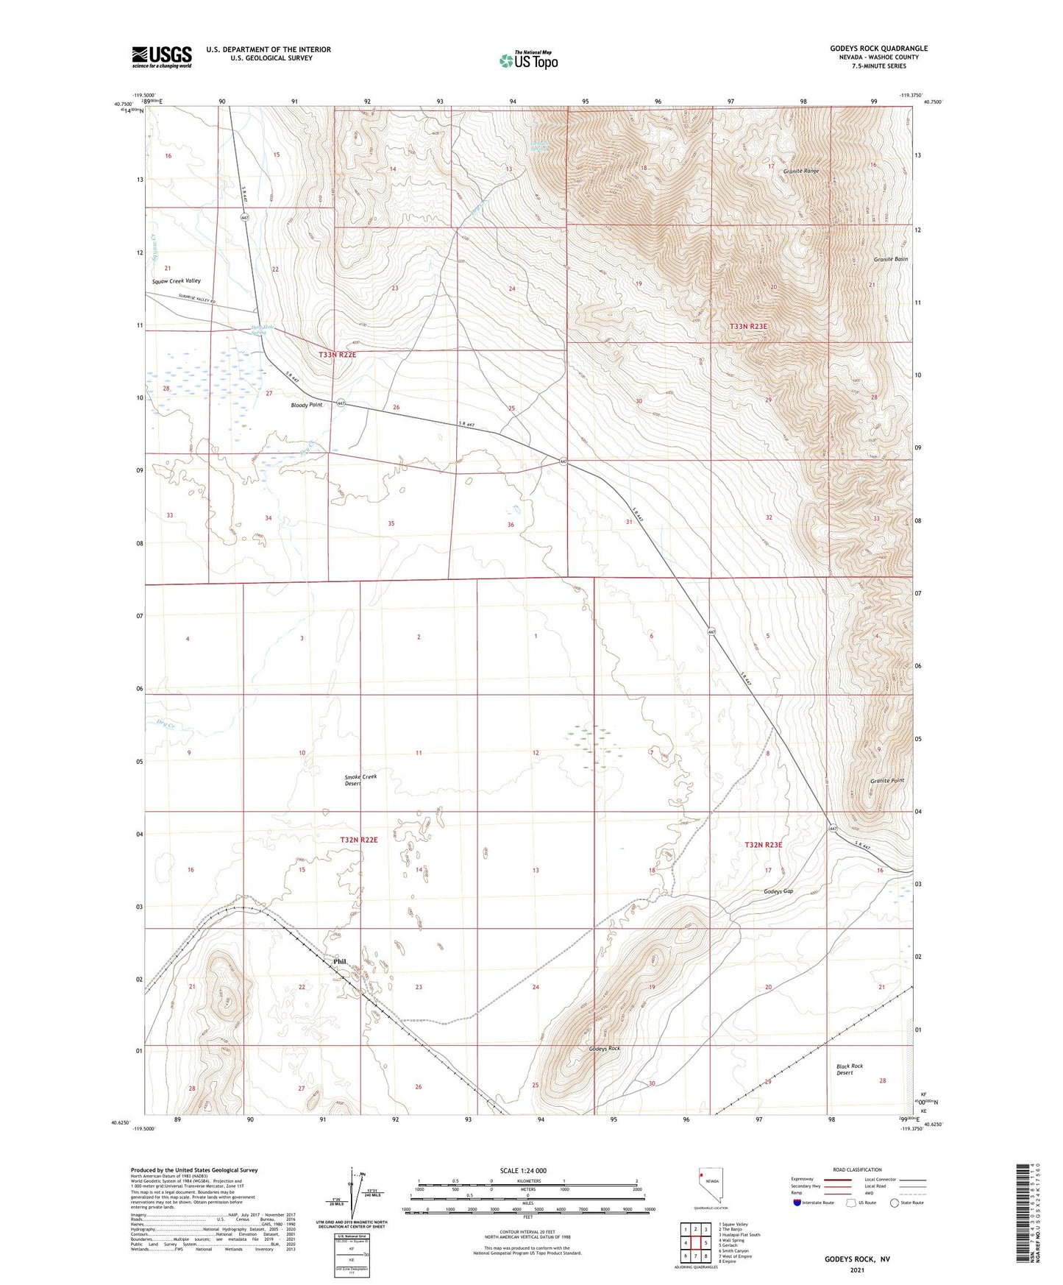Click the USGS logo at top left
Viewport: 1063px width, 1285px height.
(x=161, y=57)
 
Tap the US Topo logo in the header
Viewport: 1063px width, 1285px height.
(x=528, y=60)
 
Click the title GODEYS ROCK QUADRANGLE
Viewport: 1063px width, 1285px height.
(x=878, y=49)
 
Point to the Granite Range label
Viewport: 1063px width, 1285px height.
(x=800, y=171)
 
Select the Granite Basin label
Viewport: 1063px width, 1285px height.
(x=890, y=259)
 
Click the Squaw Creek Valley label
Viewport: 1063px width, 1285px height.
(x=176, y=281)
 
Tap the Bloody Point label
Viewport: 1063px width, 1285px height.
(x=306, y=405)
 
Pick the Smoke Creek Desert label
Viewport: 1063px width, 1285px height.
(x=360, y=780)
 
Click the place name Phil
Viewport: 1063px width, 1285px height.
(x=339, y=961)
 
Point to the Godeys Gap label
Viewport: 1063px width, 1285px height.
(x=778, y=891)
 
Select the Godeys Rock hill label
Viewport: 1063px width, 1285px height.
(x=604, y=1049)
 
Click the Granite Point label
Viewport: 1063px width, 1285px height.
(x=887, y=780)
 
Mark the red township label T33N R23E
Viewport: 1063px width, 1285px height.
(x=748, y=326)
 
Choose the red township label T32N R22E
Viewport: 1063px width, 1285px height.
(x=358, y=840)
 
